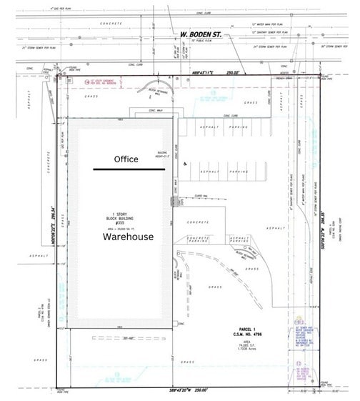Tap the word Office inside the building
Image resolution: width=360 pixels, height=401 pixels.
tap(126, 159)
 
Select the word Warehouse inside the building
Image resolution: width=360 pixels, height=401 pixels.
tap(128, 237)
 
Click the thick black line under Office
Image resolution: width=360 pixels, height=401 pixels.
tap(129, 170)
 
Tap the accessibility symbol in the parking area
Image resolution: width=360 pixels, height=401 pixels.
tap(185, 164)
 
